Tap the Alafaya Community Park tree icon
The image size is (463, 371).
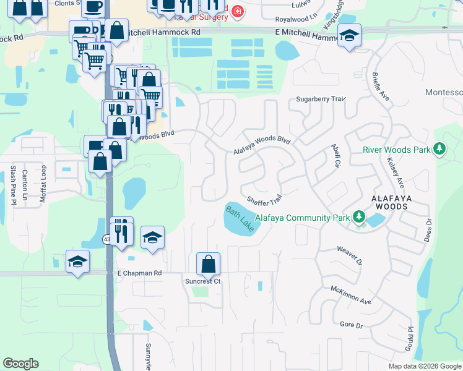[358, 216]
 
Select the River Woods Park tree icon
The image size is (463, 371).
[439, 149]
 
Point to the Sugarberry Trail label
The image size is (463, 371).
[320, 99]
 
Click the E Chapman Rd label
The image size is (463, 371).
[139, 272]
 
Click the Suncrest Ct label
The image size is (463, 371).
[203, 281]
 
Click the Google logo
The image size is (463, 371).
[20, 364]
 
